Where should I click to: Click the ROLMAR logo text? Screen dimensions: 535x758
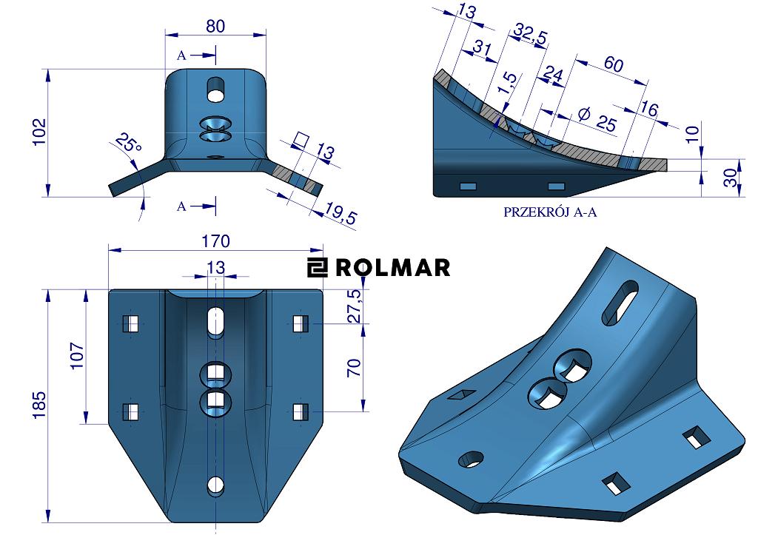[x=392, y=267]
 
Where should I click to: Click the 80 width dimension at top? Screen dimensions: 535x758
[x=215, y=25]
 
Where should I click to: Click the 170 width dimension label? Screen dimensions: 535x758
[x=215, y=241]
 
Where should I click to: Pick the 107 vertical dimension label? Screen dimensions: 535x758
[x=76, y=357]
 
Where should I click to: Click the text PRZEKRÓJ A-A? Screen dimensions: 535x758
[x=550, y=212]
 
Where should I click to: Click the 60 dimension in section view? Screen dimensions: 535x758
[x=613, y=64]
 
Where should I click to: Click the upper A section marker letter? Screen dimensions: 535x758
[x=181, y=55]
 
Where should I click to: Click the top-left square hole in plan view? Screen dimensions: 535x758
[x=131, y=323]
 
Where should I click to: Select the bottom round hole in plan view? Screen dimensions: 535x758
[x=215, y=485]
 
